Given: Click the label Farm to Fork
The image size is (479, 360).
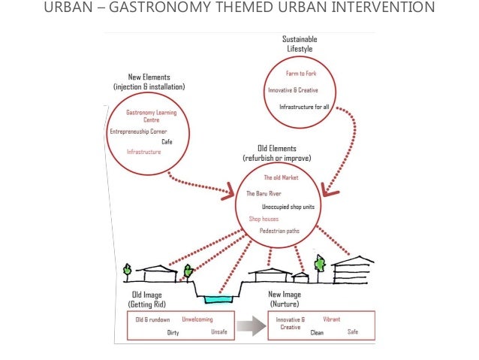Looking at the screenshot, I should (301, 74).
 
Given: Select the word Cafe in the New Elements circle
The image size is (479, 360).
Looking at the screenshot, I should (167, 141).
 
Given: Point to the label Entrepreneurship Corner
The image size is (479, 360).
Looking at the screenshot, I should (138, 132).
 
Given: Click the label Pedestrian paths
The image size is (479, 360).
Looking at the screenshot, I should (280, 231).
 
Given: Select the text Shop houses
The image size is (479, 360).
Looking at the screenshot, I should (264, 219).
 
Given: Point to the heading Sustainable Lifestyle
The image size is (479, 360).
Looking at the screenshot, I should (300, 44).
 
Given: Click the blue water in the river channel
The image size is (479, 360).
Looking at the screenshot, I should (218, 298).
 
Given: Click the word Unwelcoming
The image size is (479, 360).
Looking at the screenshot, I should (197, 319).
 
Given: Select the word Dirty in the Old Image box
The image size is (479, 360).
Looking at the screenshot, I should (173, 331).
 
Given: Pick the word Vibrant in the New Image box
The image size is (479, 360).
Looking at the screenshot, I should (331, 319).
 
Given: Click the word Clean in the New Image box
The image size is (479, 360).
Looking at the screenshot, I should (317, 331).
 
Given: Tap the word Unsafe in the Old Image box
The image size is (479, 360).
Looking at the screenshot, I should (219, 331).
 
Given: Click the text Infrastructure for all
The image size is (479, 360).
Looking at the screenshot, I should (304, 107).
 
